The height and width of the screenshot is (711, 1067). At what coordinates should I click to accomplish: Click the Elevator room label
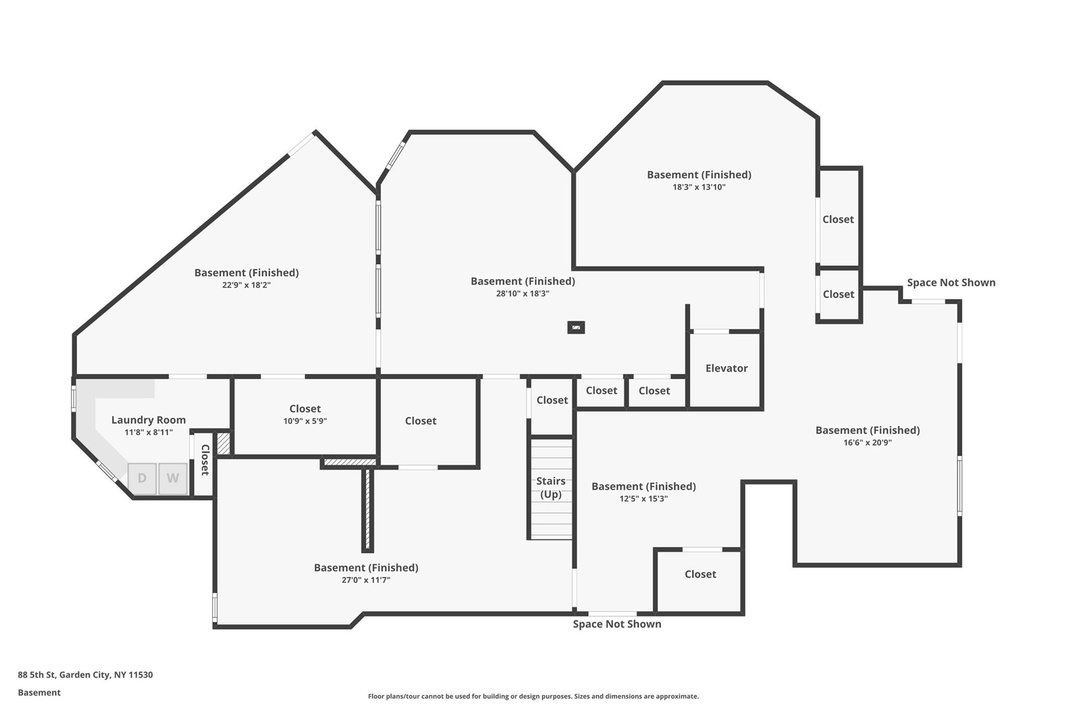coord(726,368)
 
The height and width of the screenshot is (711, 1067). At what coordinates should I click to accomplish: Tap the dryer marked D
coord(142,478)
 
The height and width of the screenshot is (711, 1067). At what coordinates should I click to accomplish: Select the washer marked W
coord(173,478)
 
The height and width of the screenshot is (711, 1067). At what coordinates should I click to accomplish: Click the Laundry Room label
coord(148,420)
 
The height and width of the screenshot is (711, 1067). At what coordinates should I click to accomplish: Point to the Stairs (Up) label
coord(551,488)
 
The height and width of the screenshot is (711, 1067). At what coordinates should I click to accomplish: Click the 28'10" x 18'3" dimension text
coord(523,293)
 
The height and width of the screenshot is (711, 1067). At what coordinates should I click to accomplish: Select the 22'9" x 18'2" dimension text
coord(246,285)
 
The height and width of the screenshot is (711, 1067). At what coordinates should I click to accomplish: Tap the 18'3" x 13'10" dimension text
coord(699,187)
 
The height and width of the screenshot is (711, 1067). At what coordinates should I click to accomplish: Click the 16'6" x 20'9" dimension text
coord(867,443)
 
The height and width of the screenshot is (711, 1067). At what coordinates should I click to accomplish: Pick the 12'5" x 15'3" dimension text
coord(643,498)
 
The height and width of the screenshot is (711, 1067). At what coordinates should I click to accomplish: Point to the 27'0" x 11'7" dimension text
coord(366,580)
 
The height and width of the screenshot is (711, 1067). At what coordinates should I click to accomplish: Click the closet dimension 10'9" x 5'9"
coord(305,421)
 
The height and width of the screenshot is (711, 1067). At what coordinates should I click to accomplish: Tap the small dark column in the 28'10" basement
coord(576,327)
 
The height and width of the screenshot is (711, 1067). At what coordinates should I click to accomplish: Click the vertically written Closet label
coord(205,460)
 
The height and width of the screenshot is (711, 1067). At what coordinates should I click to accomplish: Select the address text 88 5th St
coord(36,675)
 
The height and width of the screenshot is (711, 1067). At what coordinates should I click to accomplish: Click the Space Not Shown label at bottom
coord(617,624)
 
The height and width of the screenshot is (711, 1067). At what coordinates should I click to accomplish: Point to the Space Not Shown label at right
coord(951,282)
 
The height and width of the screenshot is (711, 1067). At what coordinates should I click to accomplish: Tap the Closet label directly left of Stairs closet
coord(420,421)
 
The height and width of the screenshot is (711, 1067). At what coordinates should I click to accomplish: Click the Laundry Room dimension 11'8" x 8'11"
coord(148,432)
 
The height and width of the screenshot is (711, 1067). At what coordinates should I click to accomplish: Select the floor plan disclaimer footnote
coord(533,696)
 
